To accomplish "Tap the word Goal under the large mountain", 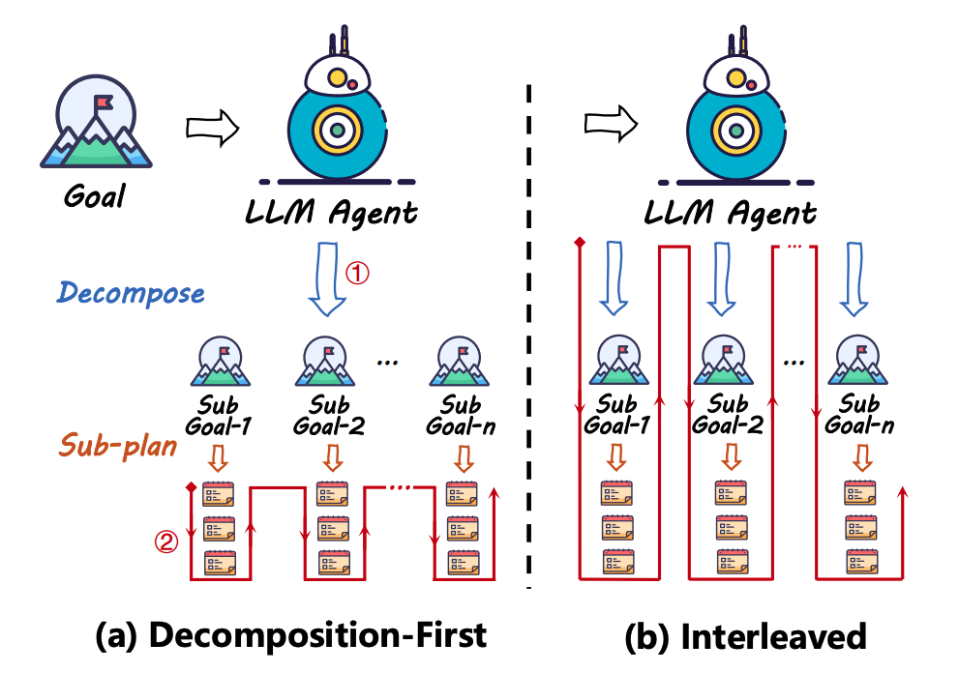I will [95, 196].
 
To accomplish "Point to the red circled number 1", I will [358, 274].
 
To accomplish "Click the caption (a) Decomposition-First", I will [290, 637].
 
